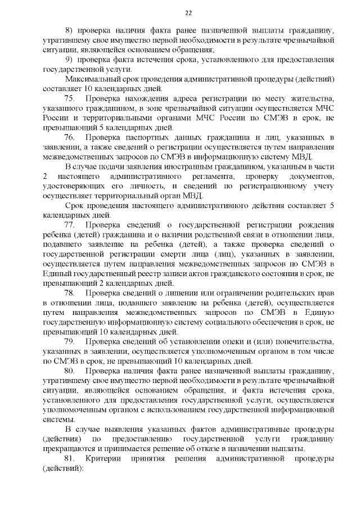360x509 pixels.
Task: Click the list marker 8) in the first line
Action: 70,30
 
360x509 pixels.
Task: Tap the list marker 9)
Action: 70,60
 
